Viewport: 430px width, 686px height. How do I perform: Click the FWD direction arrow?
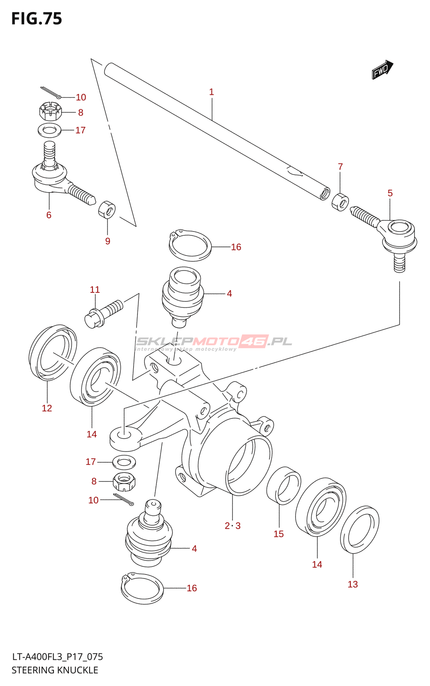382,69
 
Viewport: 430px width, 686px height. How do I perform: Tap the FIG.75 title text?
37,19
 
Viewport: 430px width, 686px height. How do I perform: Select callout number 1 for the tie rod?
211,92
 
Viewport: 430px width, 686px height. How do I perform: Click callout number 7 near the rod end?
340,167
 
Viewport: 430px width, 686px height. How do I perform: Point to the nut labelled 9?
107,209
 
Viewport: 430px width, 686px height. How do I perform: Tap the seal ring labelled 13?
359,530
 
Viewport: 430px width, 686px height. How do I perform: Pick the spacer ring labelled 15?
284,485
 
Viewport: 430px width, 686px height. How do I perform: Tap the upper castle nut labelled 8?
51,112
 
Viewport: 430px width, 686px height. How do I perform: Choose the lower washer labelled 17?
124,462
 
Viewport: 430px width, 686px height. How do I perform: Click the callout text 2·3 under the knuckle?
233,526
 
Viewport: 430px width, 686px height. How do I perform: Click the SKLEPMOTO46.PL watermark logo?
213,343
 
